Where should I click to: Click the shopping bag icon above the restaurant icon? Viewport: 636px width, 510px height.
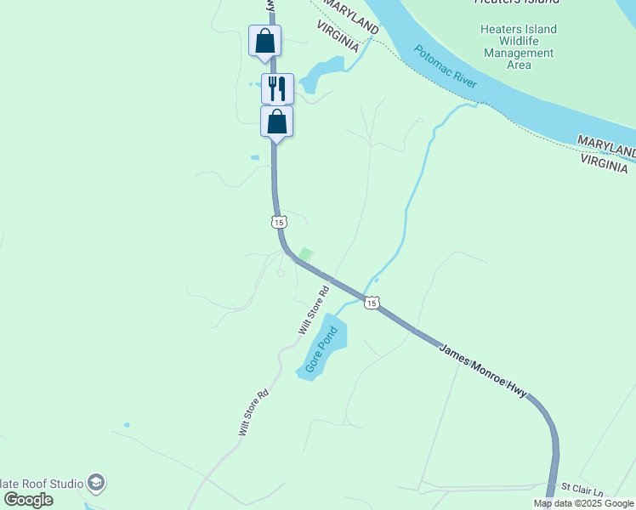pos(264,40)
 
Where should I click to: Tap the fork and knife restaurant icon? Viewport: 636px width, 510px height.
pos(277,88)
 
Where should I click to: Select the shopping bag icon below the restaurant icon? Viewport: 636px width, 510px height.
pos(276,122)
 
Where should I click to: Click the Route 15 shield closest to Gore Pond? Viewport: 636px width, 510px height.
pos(371,303)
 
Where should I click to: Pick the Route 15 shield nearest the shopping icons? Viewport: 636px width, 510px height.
pos(279,222)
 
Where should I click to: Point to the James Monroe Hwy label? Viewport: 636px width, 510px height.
pos(484,371)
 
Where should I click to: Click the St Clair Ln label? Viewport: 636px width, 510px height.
pos(582,490)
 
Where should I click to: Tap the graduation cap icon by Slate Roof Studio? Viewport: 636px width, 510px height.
pos(96,484)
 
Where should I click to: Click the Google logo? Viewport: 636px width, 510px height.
pos(29,500)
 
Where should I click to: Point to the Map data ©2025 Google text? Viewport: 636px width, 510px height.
pos(583,503)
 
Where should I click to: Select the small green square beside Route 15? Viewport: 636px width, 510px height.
pos(304,254)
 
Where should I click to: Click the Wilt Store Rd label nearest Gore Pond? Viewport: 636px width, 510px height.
pos(313,310)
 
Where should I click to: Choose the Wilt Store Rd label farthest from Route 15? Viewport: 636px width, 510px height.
pos(253,412)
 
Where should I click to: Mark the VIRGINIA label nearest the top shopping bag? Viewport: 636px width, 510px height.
pos(339,38)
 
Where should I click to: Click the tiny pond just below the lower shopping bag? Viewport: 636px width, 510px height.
pos(255,157)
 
